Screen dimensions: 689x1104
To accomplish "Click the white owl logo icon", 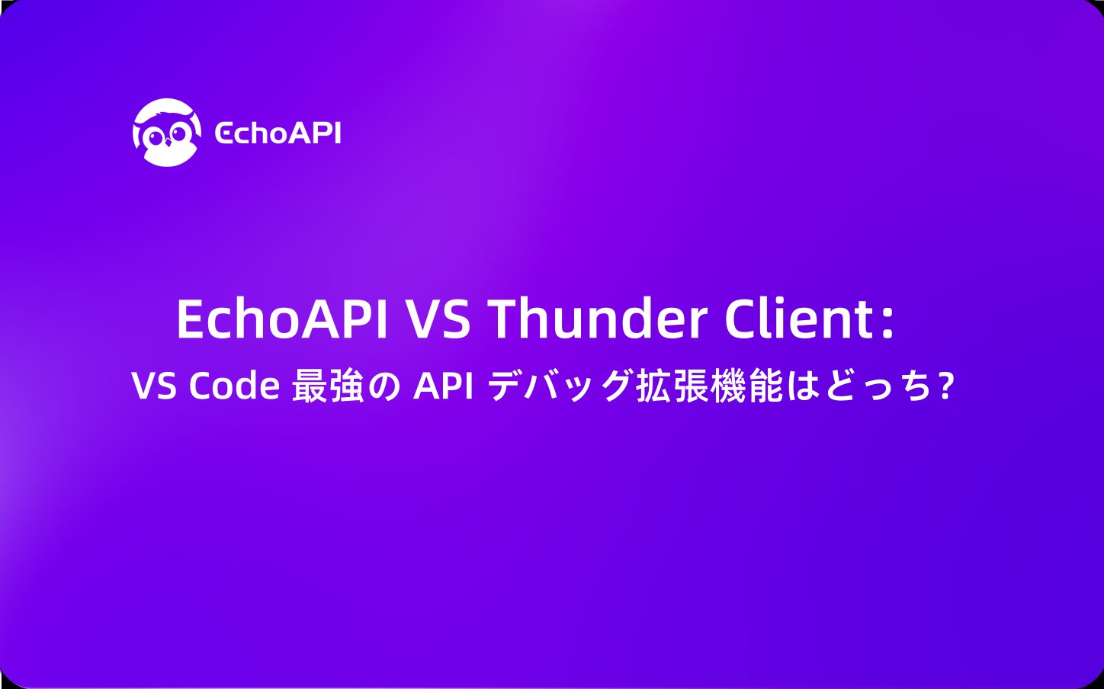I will tap(167, 133).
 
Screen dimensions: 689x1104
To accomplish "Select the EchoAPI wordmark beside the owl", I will tap(278, 133).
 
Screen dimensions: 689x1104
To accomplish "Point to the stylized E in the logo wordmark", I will tap(223, 134).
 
